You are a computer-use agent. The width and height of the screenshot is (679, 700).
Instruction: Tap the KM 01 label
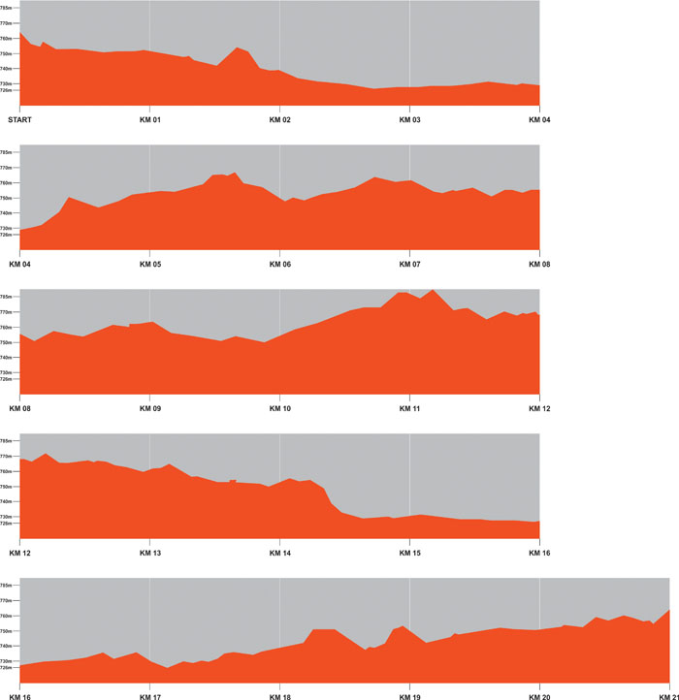149,119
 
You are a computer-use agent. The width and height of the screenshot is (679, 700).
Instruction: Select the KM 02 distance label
279,119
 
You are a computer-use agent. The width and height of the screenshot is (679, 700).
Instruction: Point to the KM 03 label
409,119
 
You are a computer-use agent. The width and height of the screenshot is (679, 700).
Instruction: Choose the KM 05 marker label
149,264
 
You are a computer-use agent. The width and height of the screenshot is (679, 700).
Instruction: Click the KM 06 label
279,264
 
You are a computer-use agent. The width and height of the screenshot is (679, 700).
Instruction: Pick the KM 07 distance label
409,264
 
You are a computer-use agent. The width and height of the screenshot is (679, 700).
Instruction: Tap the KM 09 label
149,408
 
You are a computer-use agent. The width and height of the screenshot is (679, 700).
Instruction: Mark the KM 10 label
279,408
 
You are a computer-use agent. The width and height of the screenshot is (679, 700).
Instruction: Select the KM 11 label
409,408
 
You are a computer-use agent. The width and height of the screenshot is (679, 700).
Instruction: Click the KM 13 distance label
149,553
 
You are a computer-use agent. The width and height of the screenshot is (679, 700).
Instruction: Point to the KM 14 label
279,553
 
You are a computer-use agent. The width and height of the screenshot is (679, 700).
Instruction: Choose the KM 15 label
409,553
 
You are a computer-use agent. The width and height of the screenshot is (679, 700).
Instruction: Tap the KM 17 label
149,697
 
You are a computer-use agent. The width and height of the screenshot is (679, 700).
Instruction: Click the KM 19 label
409,697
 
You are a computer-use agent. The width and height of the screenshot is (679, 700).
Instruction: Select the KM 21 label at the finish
668,697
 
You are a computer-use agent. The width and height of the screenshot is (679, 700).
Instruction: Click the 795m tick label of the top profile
8,8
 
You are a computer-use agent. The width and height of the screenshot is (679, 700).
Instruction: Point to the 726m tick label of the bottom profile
8,667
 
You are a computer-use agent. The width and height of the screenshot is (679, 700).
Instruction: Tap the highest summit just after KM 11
433,290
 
